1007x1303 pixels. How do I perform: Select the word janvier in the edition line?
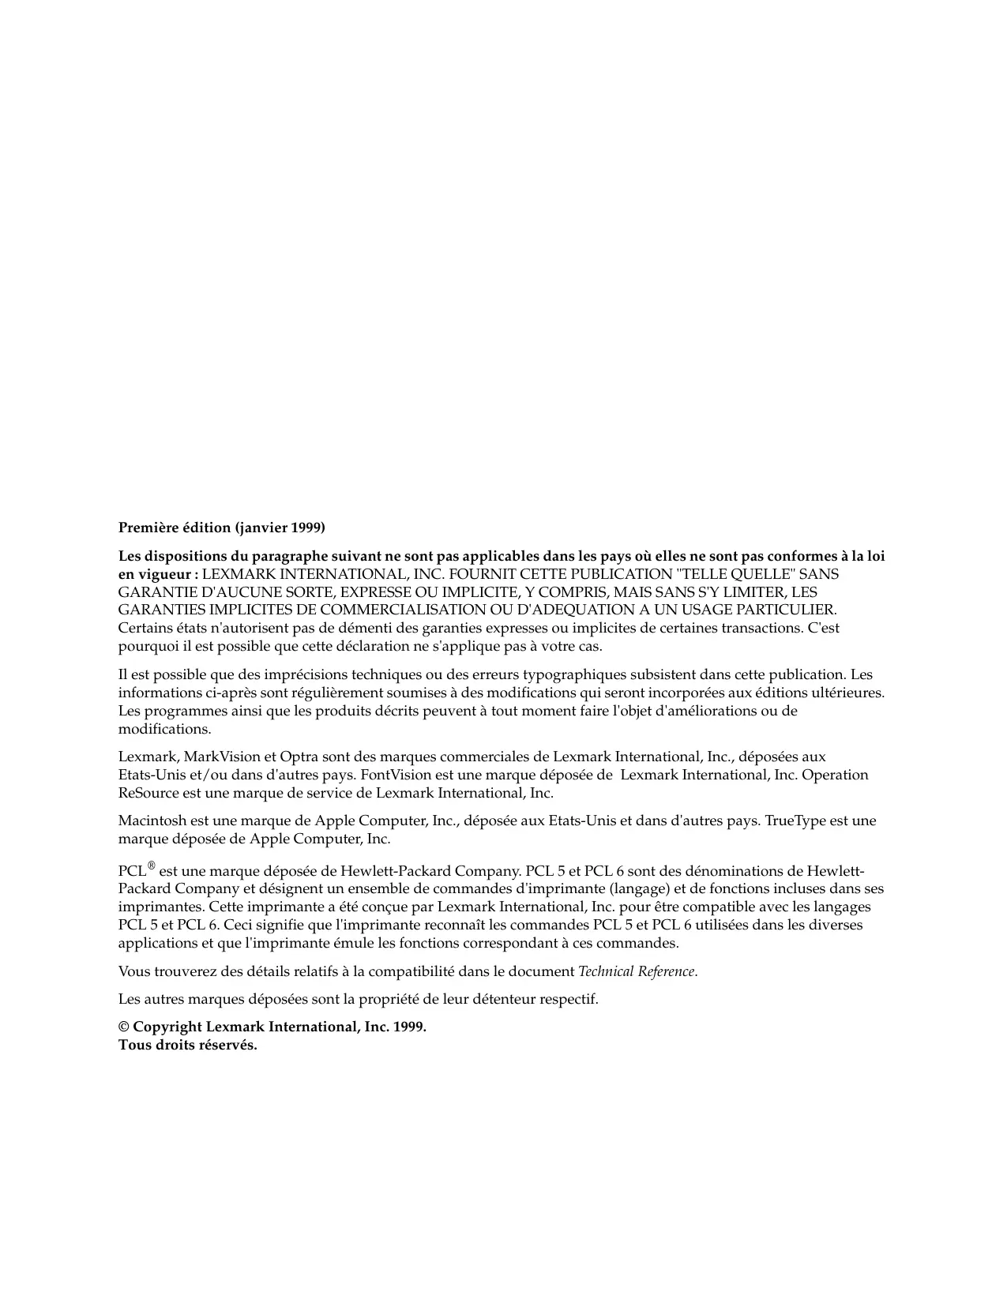(x=264, y=527)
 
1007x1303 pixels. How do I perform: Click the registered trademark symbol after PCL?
(x=152, y=866)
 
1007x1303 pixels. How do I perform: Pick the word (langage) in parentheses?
(x=638, y=889)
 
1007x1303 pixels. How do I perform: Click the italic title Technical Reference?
(x=637, y=971)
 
